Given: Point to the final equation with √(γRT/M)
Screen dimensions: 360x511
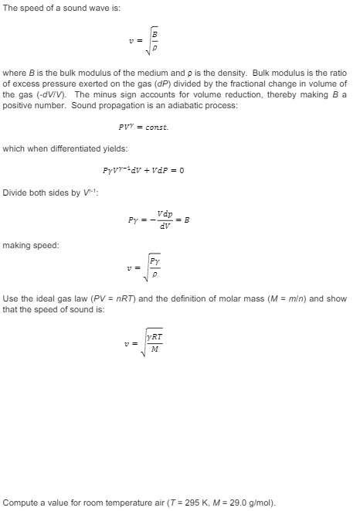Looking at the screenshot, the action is (x=149, y=341).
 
